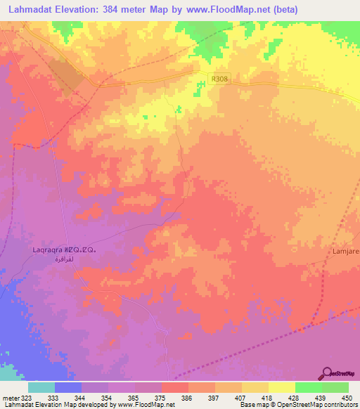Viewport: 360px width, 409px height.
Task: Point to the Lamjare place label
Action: coord(345,249)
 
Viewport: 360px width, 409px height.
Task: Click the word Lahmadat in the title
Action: coord(33,10)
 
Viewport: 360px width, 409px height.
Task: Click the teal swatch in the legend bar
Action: coord(41,387)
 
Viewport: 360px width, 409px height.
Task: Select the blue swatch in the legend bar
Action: coord(67,387)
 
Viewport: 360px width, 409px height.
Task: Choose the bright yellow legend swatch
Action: coord(281,387)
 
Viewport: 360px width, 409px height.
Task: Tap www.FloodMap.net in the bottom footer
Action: coord(150,405)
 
